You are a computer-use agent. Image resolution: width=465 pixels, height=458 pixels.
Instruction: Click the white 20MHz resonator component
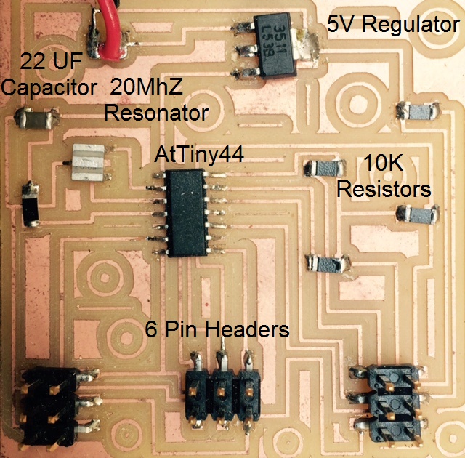(x=90, y=162)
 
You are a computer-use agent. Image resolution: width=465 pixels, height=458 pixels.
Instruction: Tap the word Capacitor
(x=49, y=89)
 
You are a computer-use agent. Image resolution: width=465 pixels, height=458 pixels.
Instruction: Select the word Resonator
(x=156, y=113)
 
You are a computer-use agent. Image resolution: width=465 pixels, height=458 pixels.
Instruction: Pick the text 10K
(x=382, y=164)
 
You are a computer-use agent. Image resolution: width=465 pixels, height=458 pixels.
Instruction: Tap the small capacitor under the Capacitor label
(x=33, y=116)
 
